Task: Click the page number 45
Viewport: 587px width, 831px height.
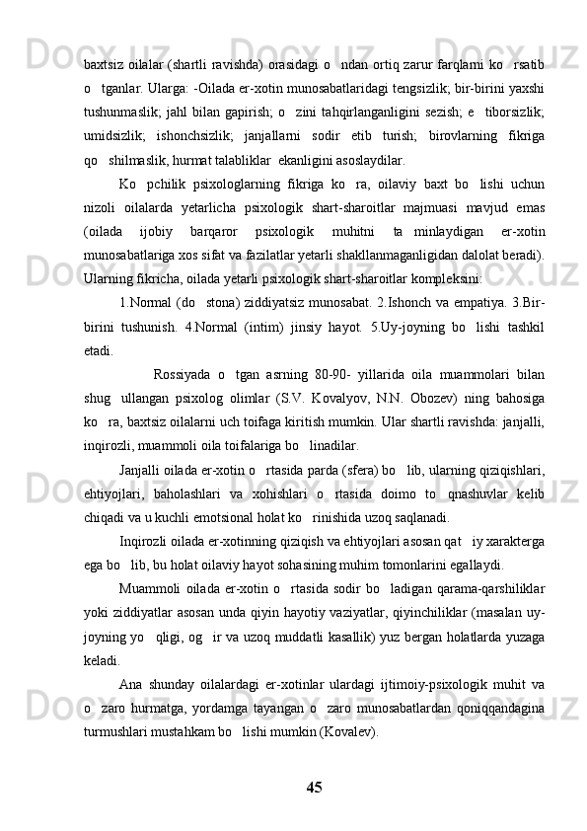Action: point(314,787)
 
